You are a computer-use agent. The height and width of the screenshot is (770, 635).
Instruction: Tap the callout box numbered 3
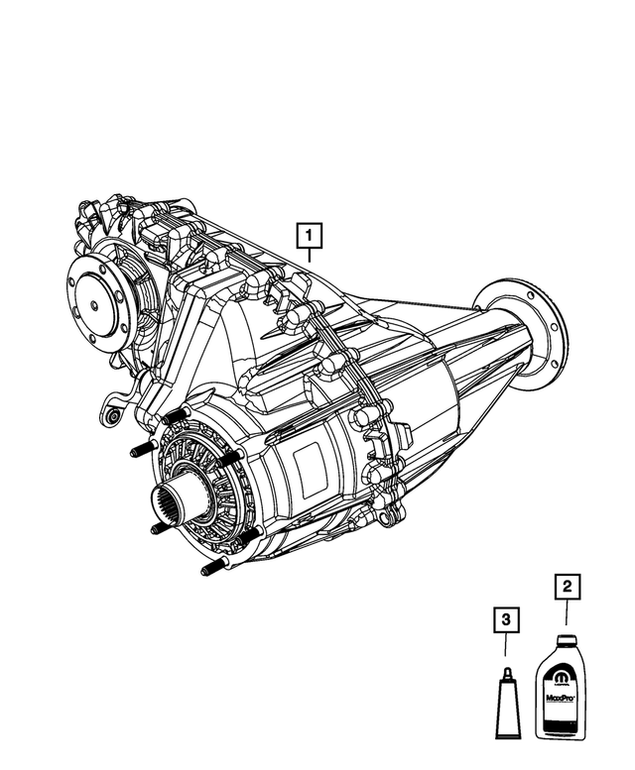505,621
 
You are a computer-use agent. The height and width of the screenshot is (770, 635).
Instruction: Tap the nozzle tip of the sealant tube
505,670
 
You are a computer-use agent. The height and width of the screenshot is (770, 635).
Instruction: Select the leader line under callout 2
566,616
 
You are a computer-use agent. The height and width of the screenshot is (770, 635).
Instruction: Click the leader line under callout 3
505,649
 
